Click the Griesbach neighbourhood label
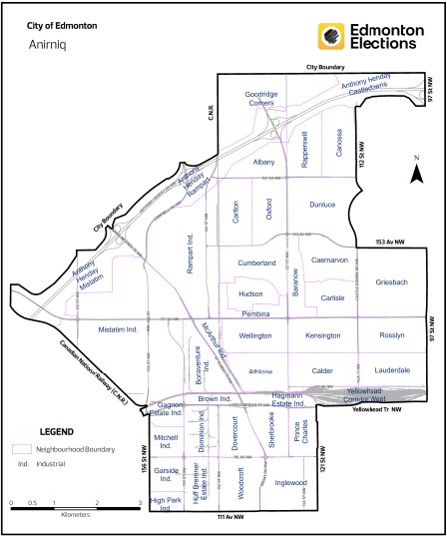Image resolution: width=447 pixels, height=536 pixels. pos(392,282)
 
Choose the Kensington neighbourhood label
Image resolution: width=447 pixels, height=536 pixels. pos(322,335)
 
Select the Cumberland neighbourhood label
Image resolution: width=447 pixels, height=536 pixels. pos(256,263)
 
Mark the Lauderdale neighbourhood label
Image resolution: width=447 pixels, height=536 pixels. pos(393,370)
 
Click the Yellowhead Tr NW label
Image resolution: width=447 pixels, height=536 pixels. pos(383,409)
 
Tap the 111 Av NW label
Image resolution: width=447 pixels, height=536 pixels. pos(231,520)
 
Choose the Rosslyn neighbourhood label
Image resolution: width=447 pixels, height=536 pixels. pos(392,335)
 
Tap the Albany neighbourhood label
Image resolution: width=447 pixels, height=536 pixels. pos(264,162)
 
